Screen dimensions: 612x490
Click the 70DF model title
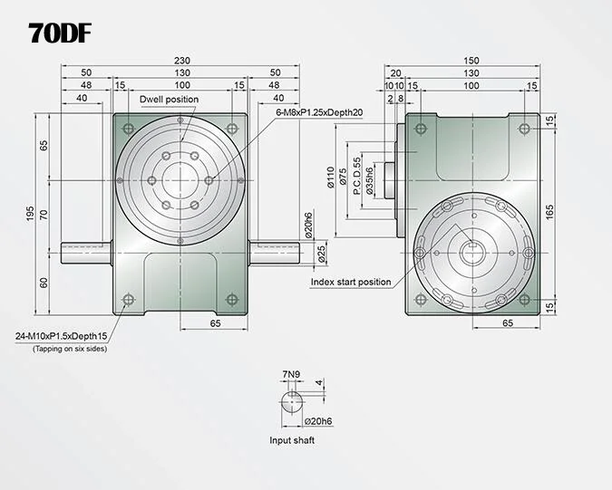(x=60, y=34)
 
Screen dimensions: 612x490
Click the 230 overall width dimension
(x=182, y=61)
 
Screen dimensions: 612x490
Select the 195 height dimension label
(x=31, y=215)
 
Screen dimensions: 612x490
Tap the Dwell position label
(x=169, y=100)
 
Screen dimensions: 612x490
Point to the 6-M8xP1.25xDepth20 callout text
(x=319, y=112)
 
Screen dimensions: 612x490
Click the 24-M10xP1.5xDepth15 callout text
(x=61, y=336)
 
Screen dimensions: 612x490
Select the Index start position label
(x=351, y=282)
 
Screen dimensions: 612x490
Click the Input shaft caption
(x=292, y=440)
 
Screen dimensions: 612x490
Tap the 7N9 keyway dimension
(x=291, y=374)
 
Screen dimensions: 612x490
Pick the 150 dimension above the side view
(x=471, y=61)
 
